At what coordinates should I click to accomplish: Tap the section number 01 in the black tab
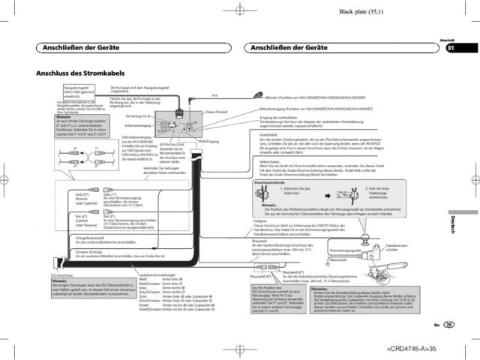click(451, 49)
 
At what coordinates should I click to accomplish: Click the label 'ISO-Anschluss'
click(61, 274)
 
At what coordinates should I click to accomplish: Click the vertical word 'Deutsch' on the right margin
click(453, 224)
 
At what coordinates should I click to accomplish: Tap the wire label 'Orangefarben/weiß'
click(73, 238)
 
